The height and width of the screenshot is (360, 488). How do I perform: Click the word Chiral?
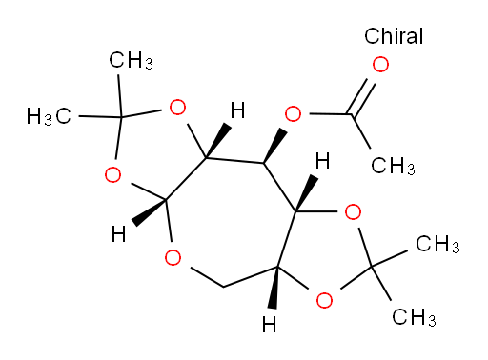coord(394,36)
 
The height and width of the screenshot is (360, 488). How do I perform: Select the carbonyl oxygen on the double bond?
coord(380,65)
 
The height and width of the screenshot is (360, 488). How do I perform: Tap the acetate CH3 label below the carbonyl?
coord(394,166)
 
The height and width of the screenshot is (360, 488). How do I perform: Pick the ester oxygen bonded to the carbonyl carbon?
coord(293,114)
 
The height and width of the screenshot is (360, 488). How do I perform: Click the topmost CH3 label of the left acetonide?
coord(131,60)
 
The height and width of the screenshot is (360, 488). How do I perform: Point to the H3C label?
coord(49,116)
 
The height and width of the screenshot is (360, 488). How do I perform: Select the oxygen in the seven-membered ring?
coord(173,257)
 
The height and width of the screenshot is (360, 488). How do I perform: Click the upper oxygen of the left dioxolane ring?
coord(177,108)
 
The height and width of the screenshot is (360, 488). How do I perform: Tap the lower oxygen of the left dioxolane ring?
coord(112,175)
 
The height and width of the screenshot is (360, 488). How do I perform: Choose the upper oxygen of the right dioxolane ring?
coord(353,212)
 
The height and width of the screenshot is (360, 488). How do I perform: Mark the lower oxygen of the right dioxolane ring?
coord(324,300)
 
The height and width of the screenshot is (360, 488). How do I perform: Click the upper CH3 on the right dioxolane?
coord(437,245)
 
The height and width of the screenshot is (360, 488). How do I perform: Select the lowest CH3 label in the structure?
coord(414,317)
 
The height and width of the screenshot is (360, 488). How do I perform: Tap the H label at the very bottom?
coord(270,325)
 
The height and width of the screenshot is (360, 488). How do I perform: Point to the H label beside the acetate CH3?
coord(322,161)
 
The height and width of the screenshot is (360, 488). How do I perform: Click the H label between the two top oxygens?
coord(238,110)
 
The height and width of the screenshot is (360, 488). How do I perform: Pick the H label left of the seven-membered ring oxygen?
coord(119,235)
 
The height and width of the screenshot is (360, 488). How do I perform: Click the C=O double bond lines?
coord(362,97)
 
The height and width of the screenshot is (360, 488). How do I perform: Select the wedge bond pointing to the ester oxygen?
coord(275,146)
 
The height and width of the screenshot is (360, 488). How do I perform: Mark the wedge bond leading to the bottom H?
coord(274,288)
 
